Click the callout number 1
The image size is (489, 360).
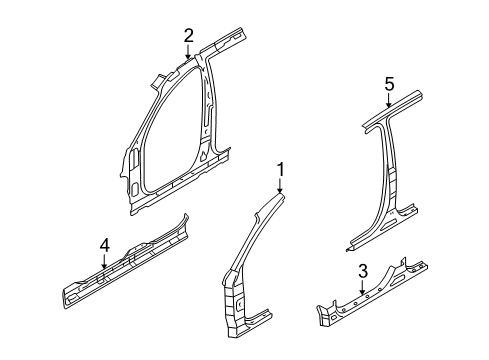(x=281, y=169)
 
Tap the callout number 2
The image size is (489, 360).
(x=187, y=36)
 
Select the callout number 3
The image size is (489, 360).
(x=362, y=271)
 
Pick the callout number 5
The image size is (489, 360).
(x=389, y=84)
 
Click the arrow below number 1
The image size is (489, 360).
(x=281, y=187)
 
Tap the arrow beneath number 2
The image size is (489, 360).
(x=187, y=54)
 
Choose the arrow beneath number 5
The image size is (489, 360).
(x=389, y=102)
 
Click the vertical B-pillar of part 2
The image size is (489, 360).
(x=206, y=120)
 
